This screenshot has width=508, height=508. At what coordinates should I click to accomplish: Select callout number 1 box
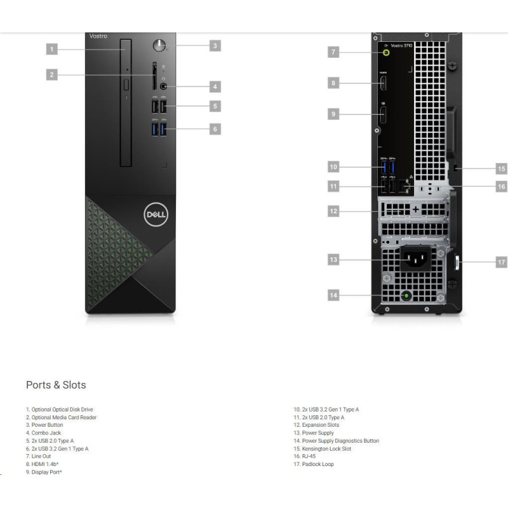point(52,48)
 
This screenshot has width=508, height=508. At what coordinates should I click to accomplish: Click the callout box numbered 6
point(215,129)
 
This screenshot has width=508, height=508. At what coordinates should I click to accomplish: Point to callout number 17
point(501,262)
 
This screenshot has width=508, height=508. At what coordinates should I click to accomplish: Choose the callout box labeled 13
point(333,259)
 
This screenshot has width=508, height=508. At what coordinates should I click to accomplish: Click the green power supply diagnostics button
point(406,295)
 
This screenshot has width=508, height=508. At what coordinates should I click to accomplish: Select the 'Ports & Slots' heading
point(56,385)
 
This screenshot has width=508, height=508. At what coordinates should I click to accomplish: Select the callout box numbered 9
point(333,114)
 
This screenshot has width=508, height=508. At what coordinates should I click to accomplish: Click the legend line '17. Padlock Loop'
point(313,464)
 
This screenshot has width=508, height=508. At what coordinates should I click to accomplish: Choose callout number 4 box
point(215,86)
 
